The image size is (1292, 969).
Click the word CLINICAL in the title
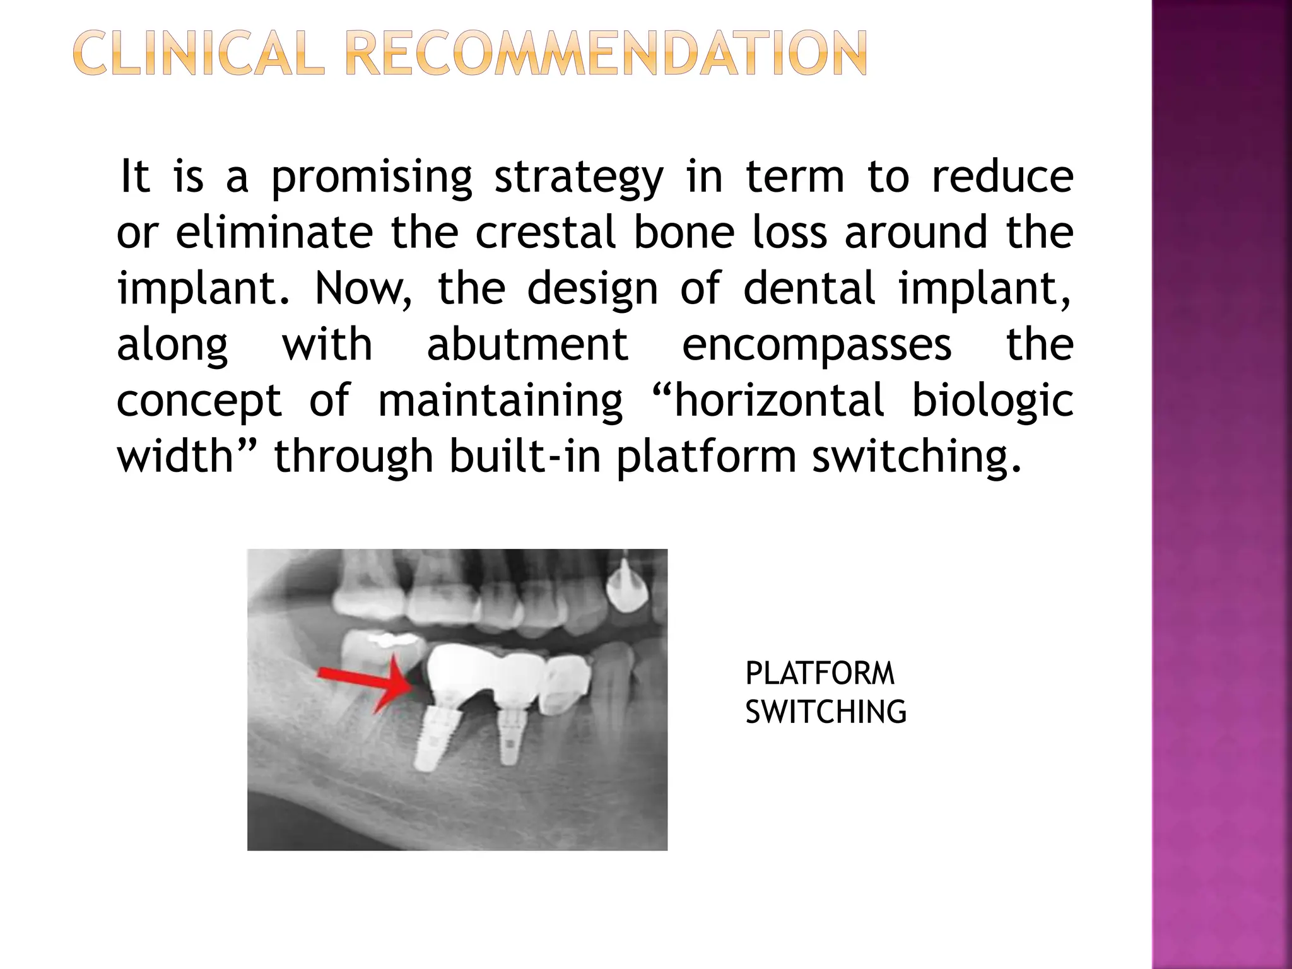click(x=198, y=55)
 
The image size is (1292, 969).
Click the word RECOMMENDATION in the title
click(x=607, y=55)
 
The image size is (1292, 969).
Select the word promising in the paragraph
click(x=372, y=178)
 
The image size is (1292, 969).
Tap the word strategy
click(x=578, y=178)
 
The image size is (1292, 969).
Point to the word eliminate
click(x=274, y=232)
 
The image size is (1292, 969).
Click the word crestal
click(x=546, y=232)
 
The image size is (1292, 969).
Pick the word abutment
click(x=527, y=344)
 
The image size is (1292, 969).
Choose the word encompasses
click(x=816, y=344)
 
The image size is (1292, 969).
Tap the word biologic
click(x=992, y=401)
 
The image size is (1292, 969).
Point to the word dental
click(x=809, y=288)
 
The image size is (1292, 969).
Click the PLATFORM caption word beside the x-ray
click(x=819, y=674)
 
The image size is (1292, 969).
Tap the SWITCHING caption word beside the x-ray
click(x=825, y=712)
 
